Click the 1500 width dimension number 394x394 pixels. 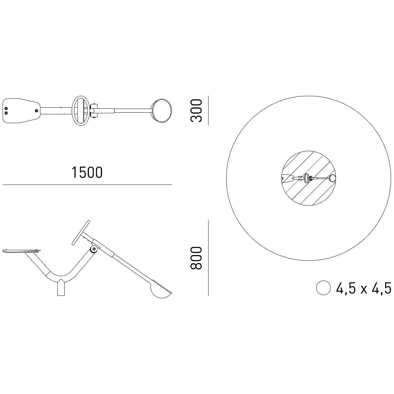coord(87,173)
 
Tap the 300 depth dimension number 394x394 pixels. coord(196,111)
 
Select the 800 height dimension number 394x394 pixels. coord(196,258)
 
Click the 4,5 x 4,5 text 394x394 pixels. coord(364,288)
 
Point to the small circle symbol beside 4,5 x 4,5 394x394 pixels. coord(323,288)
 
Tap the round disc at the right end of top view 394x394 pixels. coord(161,111)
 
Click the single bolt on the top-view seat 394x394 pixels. coord(36,111)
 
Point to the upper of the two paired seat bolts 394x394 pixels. coord(6,108)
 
